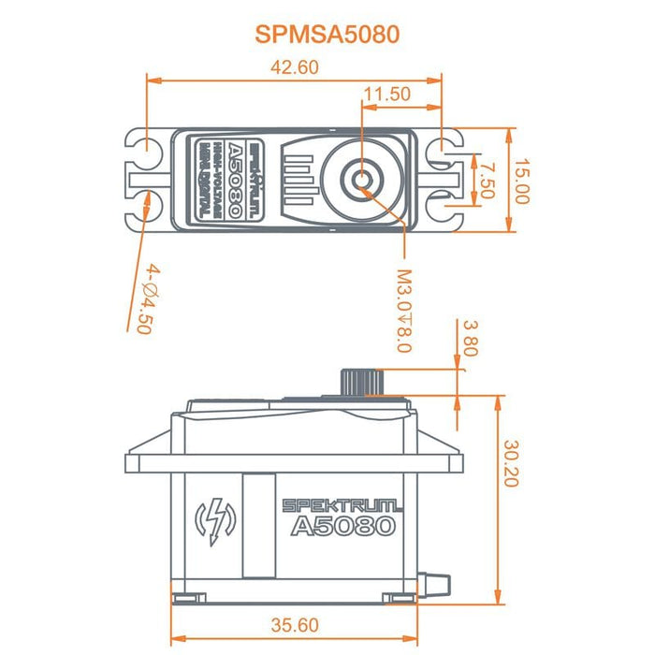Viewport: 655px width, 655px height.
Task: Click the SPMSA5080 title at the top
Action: tap(327, 35)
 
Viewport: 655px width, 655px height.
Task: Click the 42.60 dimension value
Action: tap(295, 66)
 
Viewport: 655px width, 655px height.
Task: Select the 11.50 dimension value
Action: tap(386, 94)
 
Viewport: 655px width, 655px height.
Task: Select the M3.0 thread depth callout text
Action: tap(403, 312)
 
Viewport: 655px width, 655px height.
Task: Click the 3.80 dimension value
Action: tap(470, 340)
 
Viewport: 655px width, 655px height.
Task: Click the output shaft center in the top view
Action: tap(361, 177)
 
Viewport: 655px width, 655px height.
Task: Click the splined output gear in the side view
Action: tap(360, 382)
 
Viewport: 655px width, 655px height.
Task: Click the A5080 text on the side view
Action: tap(342, 527)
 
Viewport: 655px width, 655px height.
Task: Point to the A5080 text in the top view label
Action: tap(234, 178)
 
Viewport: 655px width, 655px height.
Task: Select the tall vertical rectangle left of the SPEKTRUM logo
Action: tap(257, 524)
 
